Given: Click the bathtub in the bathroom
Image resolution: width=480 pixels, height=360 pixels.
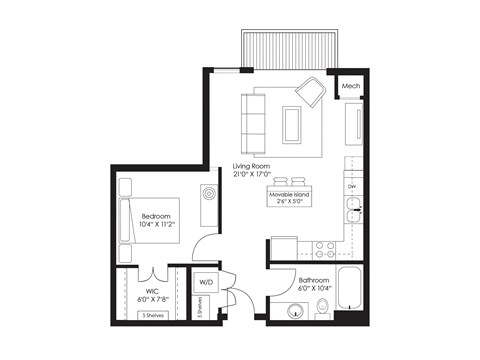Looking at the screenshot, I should click(x=350, y=290).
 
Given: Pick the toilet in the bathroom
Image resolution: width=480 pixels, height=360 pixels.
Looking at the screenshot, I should click(x=324, y=312).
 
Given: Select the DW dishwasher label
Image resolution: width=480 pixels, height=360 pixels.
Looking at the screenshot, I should click(x=352, y=187).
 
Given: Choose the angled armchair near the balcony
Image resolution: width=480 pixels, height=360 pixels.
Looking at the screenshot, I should click(x=310, y=94).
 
